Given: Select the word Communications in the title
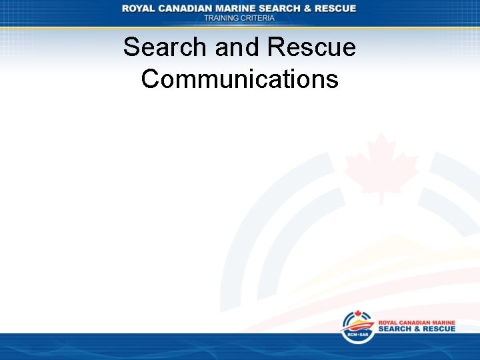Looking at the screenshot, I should click(x=240, y=79).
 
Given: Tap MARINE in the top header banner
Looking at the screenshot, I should click(x=239, y=8).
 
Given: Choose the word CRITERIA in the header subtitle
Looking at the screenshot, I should click(x=257, y=18).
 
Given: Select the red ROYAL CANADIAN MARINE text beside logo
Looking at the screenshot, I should click(x=417, y=322).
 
